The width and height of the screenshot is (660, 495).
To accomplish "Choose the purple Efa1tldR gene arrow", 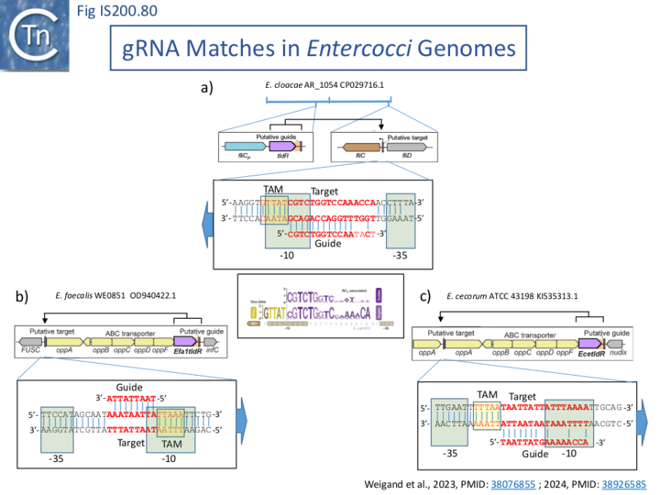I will click(185, 341).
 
